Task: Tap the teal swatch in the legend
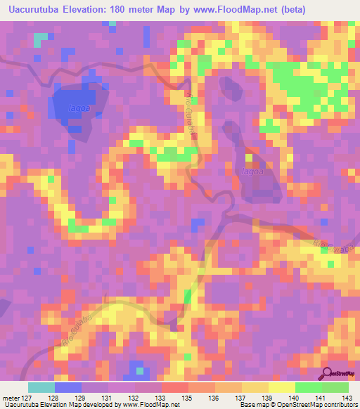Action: [x=41, y=387]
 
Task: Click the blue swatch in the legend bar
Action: [x=68, y=387]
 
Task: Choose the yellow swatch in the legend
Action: [x=282, y=387]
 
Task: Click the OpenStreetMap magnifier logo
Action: [x=328, y=375]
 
